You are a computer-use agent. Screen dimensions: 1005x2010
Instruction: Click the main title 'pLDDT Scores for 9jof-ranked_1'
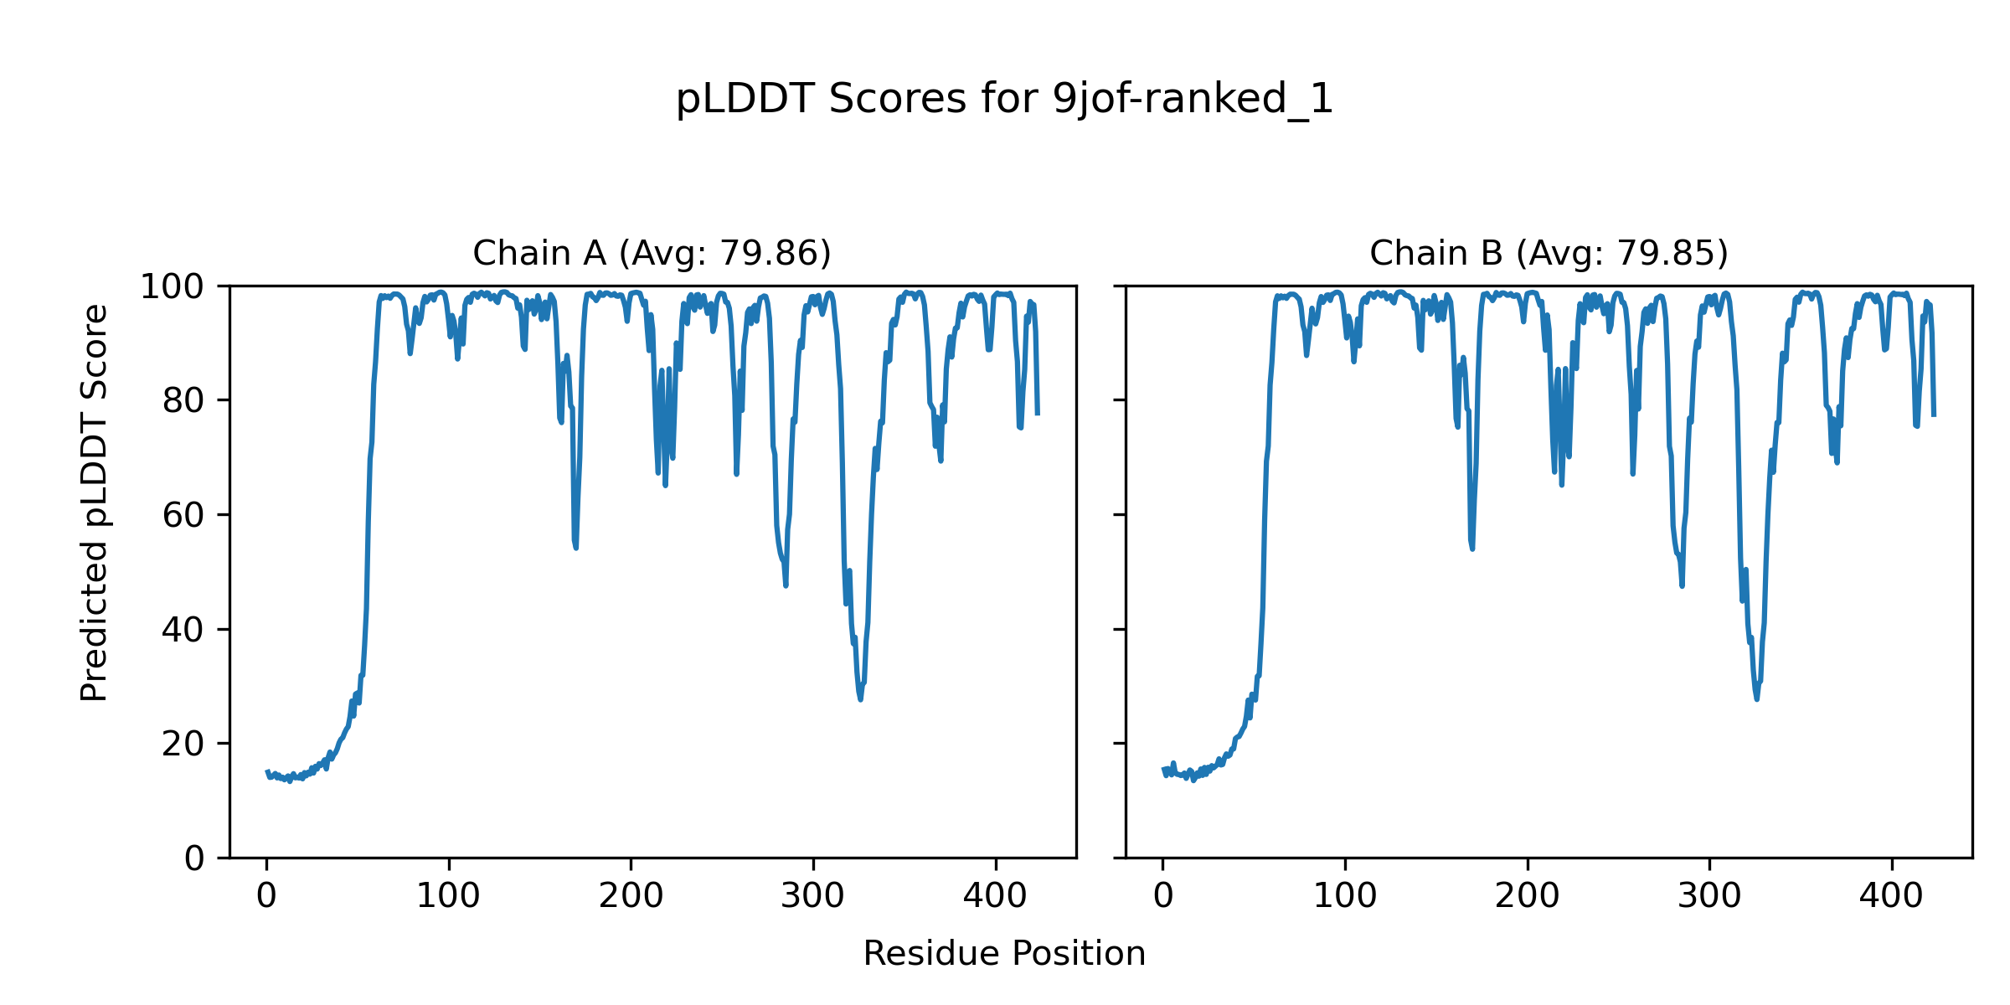pos(1004,100)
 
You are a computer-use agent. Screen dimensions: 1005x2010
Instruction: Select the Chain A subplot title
pos(652,253)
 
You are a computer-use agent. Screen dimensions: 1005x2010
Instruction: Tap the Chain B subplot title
pos(1549,253)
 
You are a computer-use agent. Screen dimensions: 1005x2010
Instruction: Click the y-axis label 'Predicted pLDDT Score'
pos(95,502)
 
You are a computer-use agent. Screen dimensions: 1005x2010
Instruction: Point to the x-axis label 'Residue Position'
pos(1004,954)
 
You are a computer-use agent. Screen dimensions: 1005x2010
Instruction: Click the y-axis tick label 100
pos(172,287)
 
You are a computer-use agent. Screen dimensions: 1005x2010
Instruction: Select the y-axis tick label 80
pos(183,401)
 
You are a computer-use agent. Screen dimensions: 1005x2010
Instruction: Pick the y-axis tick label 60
pos(183,515)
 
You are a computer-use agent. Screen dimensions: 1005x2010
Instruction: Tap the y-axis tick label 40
pos(183,630)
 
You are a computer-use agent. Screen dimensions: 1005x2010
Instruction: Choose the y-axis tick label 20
pos(183,744)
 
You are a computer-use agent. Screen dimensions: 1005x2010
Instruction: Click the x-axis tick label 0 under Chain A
pos(266,896)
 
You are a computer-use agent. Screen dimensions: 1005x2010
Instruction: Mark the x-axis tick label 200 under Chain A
pos(631,896)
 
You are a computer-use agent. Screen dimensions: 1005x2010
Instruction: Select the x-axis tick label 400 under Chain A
pos(995,896)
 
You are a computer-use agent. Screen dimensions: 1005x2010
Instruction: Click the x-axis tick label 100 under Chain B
pos(1345,896)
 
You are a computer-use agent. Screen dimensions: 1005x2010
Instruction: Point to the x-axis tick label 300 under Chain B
pos(1709,896)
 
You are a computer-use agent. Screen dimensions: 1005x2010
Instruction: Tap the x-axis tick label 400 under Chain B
pos(1891,896)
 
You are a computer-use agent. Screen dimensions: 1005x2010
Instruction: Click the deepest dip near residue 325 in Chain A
pos(860,699)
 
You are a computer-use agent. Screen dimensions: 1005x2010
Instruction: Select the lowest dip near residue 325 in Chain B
pos(1756,699)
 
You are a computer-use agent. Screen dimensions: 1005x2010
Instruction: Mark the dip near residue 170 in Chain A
pos(576,548)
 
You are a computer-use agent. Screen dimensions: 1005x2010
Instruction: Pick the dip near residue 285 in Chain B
pos(1682,586)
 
